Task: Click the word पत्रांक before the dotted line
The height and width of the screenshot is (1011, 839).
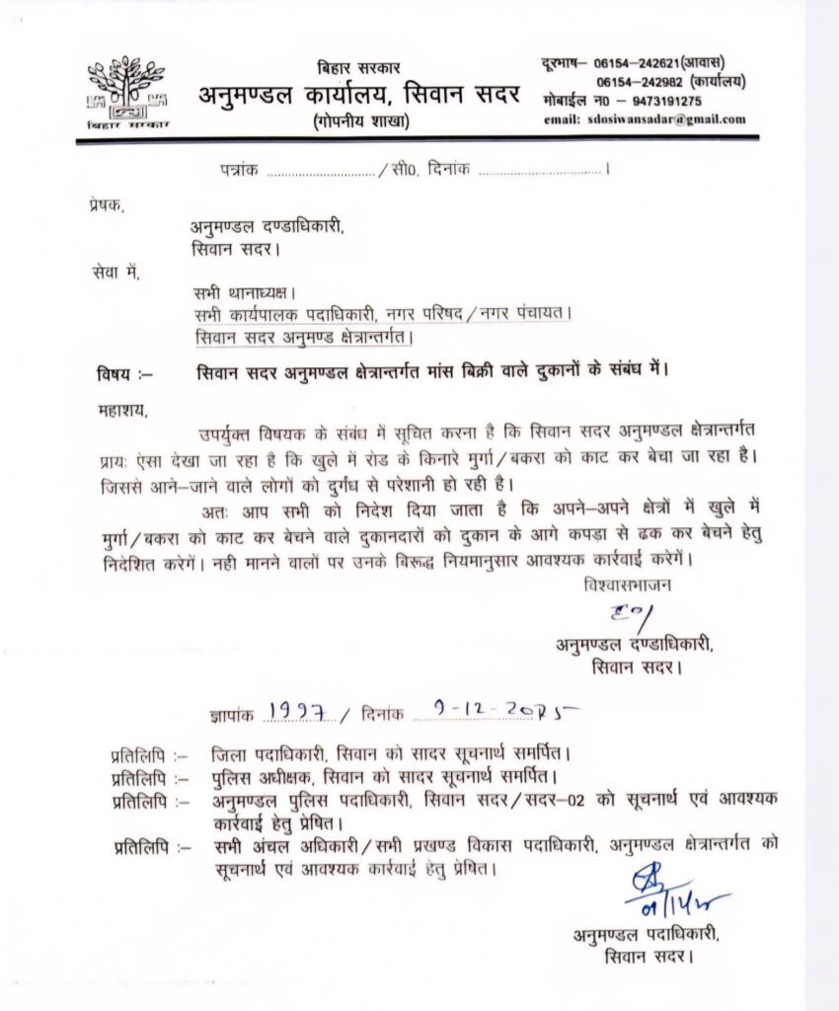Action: (x=240, y=170)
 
